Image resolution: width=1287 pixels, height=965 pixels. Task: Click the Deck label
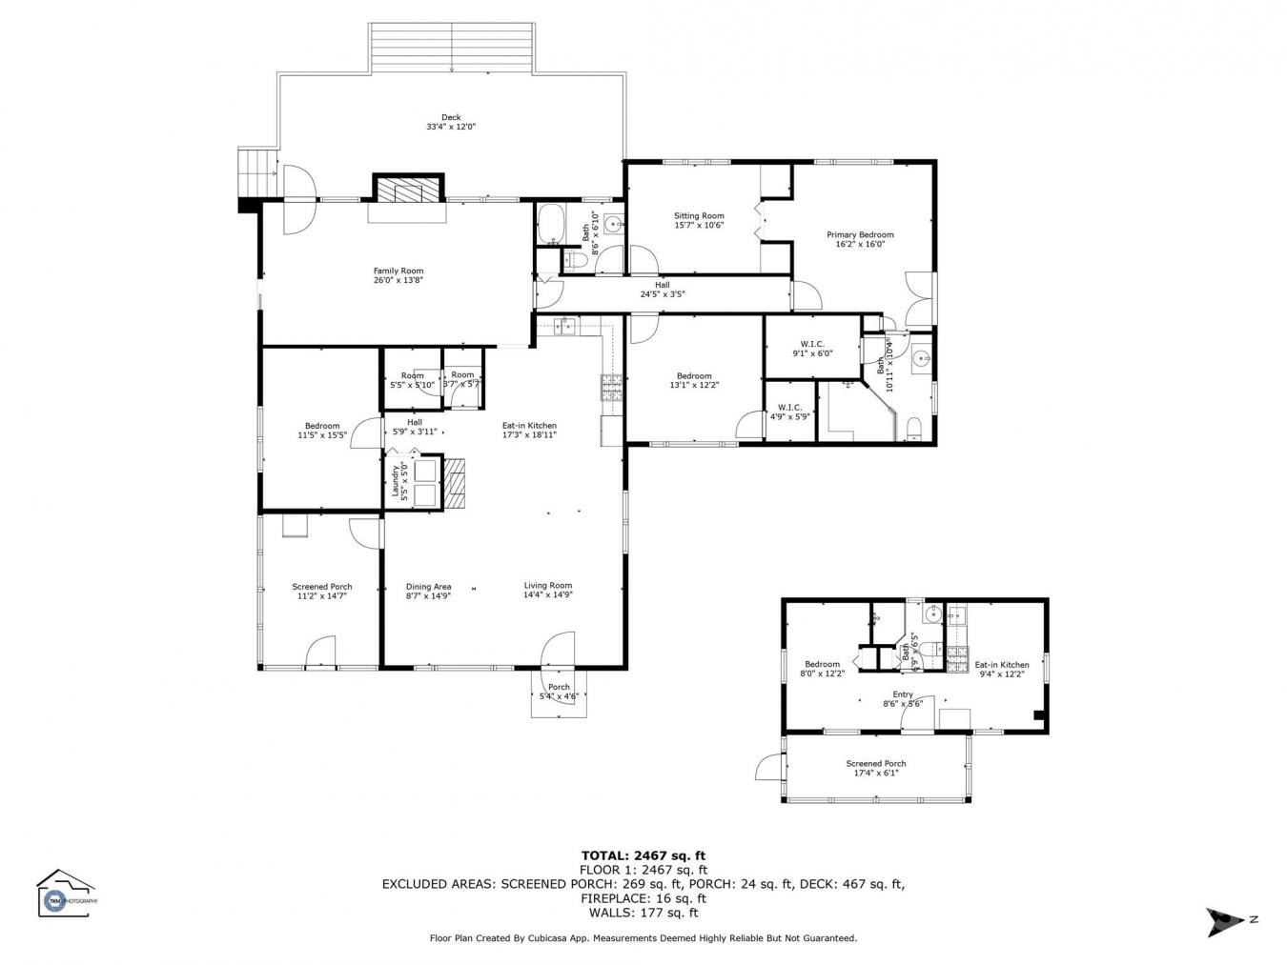(x=451, y=122)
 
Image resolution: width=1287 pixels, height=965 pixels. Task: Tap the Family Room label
(x=398, y=276)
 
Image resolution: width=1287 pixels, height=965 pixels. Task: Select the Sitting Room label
(x=699, y=221)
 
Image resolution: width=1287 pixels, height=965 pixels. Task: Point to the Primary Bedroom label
(x=860, y=239)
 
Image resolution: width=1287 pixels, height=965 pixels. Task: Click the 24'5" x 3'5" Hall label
(x=662, y=290)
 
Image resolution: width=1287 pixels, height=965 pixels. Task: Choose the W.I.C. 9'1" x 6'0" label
(x=812, y=349)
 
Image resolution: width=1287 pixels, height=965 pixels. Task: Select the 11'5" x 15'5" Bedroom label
(x=322, y=431)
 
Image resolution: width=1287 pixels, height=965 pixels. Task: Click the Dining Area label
(x=428, y=591)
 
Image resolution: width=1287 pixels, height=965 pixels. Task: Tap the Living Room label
(x=547, y=590)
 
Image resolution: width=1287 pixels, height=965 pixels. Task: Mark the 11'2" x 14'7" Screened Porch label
(x=321, y=591)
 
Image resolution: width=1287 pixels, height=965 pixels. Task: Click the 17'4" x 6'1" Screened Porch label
(x=876, y=768)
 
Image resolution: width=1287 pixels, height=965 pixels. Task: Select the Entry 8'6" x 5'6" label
(x=902, y=699)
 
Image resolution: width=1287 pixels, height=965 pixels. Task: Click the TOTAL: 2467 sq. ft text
(x=643, y=855)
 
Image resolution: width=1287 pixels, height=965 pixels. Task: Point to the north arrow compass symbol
(x=1224, y=920)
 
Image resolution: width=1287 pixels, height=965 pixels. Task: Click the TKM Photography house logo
(x=65, y=894)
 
